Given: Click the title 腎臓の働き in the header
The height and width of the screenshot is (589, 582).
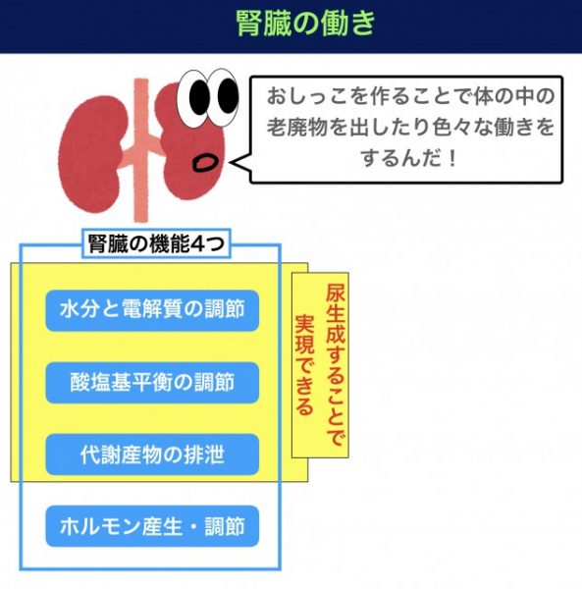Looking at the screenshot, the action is (x=305, y=23).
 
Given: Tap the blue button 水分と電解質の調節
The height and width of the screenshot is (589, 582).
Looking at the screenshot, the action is (x=152, y=310).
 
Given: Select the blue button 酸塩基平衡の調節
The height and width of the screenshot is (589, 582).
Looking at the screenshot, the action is (x=152, y=383).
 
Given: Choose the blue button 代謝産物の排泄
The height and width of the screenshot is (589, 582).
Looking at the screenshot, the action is (x=152, y=455).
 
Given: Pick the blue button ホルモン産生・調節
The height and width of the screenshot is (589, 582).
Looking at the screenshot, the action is (x=152, y=526).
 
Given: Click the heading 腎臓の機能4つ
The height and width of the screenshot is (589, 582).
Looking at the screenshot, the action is (x=156, y=243).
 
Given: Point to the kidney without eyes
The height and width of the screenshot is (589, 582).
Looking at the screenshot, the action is (x=92, y=154).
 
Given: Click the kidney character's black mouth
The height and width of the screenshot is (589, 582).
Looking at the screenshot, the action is (x=205, y=163).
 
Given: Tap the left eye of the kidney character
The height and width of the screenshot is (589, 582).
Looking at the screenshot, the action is (x=195, y=97).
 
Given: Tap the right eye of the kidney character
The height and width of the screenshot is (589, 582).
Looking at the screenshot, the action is (x=225, y=96).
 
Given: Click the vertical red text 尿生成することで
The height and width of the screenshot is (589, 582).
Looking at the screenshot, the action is (x=335, y=365).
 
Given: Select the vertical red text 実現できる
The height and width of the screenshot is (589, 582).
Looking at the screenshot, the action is (x=304, y=365).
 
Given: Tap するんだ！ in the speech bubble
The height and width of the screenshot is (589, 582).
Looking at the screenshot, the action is (x=409, y=158).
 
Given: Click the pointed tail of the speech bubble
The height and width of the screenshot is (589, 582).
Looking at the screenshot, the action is (x=230, y=163).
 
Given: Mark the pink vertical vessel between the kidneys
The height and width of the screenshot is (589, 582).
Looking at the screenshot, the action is (x=141, y=150).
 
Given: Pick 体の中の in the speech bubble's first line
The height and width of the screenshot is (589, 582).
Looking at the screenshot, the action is (x=513, y=96).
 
